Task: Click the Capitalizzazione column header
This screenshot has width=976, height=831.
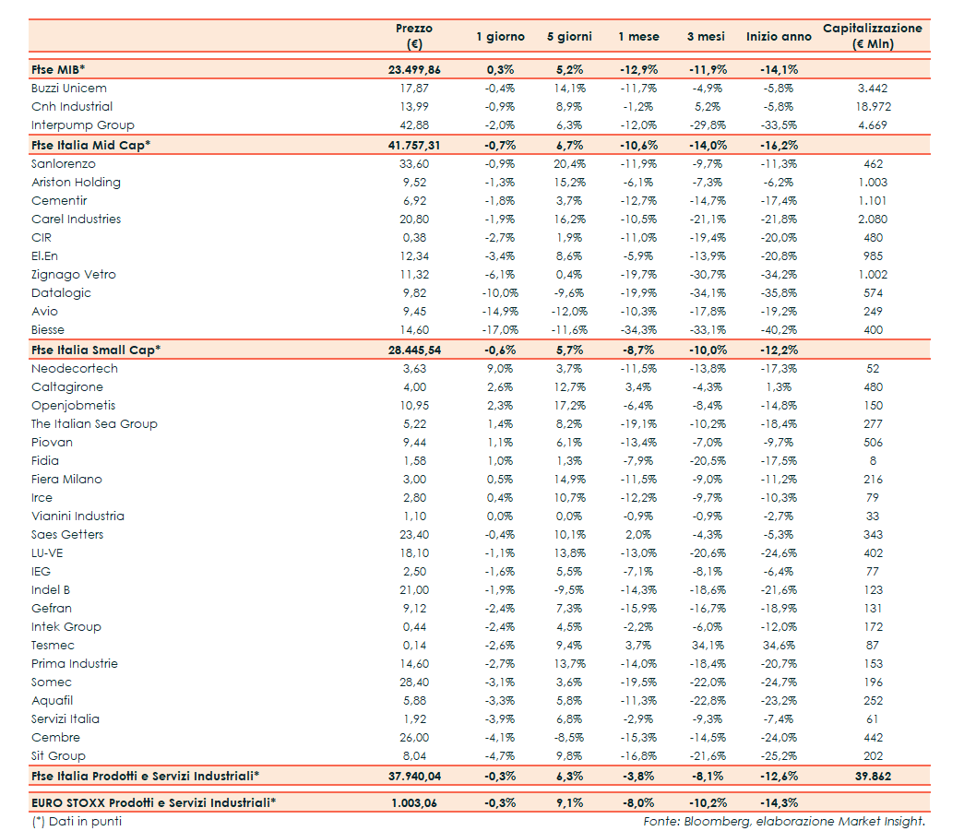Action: pos(872,36)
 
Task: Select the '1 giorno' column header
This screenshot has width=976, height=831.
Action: pos(500,37)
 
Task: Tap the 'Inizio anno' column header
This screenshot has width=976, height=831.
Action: pos(779,37)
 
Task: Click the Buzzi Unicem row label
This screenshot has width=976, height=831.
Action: pos(69,89)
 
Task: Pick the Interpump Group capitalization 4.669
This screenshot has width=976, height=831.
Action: pos(872,125)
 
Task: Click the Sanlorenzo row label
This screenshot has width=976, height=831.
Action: pos(63,164)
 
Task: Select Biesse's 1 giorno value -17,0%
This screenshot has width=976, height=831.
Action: pos(500,330)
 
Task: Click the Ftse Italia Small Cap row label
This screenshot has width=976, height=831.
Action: pos(96,350)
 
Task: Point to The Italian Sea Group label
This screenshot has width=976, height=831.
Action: pos(94,424)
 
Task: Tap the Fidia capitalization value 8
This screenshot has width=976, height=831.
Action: pos(872,461)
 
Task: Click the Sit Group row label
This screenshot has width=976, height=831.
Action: pos(58,756)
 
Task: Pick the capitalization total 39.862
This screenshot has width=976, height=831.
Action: pos(872,776)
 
